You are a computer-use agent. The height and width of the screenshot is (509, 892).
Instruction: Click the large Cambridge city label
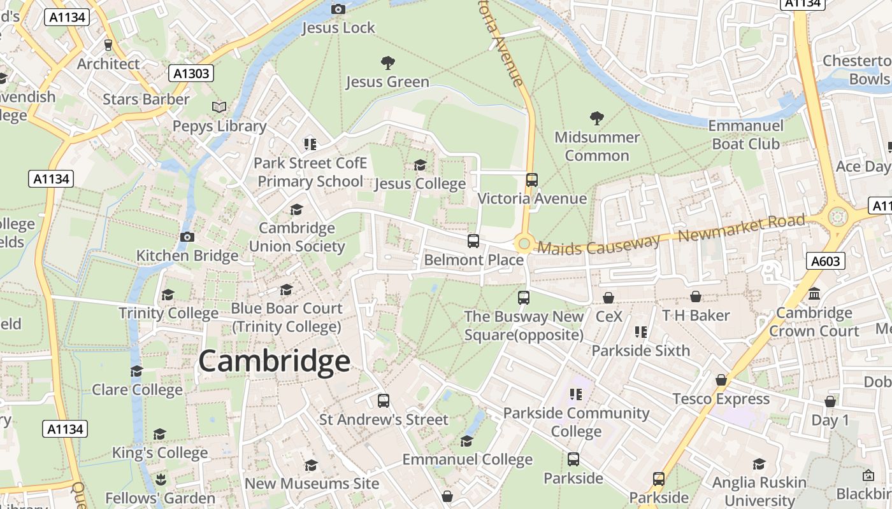pyautogui.click(x=274, y=361)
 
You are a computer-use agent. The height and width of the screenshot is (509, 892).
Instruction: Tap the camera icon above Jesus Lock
pyautogui.click(x=338, y=9)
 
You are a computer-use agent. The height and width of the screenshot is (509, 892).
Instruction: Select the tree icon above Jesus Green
pyautogui.click(x=387, y=62)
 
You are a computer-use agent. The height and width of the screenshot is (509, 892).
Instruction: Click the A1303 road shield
pyautogui.click(x=192, y=74)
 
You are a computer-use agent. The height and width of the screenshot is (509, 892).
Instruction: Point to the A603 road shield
pyautogui.click(x=826, y=261)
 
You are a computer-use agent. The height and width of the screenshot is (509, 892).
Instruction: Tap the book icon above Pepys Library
pyautogui.click(x=219, y=107)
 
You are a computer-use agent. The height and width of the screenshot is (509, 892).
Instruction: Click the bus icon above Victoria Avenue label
pyautogui.click(x=531, y=180)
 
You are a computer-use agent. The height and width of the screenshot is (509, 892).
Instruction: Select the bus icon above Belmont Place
pyautogui.click(x=473, y=241)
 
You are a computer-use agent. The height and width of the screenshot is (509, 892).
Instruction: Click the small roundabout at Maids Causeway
pyautogui.click(x=524, y=243)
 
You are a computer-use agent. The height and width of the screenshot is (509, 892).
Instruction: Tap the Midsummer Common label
pyautogui.click(x=597, y=146)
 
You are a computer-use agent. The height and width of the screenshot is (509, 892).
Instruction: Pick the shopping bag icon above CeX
pyautogui.click(x=608, y=297)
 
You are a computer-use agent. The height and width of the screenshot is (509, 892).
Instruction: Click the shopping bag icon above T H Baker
pyautogui.click(x=696, y=296)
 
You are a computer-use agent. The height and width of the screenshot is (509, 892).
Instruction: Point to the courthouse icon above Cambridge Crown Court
pyautogui.click(x=814, y=294)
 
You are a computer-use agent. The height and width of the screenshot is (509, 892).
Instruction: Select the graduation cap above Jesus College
pyautogui.click(x=420, y=165)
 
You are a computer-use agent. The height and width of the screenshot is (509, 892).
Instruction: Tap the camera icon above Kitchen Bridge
pyautogui.click(x=187, y=237)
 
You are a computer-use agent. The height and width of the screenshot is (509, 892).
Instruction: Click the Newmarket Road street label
pyautogui.click(x=741, y=228)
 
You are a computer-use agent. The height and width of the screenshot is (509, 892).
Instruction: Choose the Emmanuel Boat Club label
pyautogui.click(x=745, y=135)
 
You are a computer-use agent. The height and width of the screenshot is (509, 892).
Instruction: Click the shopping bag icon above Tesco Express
pyautogui.click(x=721, y=380)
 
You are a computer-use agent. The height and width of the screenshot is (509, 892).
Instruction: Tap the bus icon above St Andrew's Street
pyautogui.click(x=383, y=401)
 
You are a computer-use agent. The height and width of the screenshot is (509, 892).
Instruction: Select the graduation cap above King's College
pyautogui.click(x=159, y=434)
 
